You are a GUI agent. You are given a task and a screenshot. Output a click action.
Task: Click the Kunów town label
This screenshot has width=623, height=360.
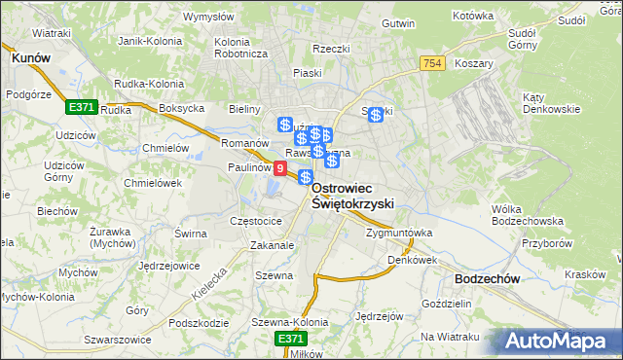click(30, 58)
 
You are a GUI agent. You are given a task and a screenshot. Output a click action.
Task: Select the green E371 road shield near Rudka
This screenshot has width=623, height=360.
click(82, 105)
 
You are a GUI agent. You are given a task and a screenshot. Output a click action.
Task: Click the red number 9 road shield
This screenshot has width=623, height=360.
click(280, 169)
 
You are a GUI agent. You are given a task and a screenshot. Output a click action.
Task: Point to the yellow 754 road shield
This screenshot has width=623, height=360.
click(434, 62)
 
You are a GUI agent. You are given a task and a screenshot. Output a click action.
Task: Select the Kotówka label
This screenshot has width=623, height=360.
click(474, 17)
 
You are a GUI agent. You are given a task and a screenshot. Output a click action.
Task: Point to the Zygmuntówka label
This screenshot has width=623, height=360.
click(398, 234)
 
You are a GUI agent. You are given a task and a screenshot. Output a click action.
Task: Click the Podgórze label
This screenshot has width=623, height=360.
click(27, 94)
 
